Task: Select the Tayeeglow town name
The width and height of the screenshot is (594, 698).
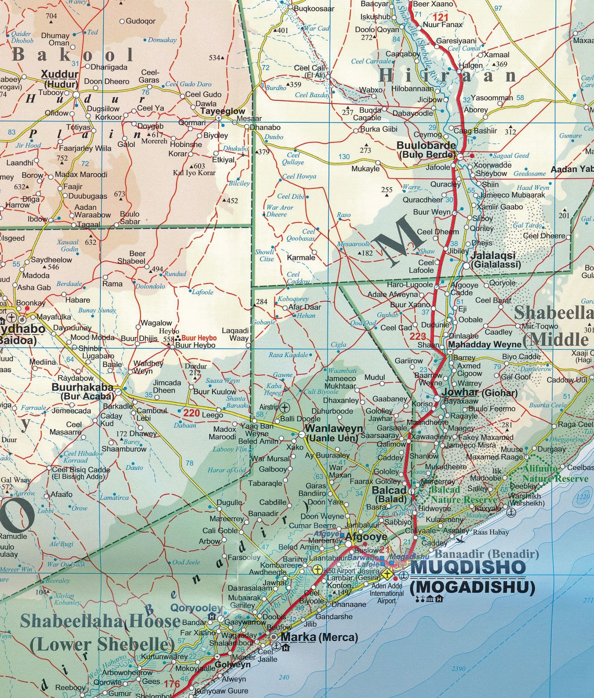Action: tap(223, 111)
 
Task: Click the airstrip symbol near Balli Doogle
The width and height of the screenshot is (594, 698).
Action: tap(285, 407)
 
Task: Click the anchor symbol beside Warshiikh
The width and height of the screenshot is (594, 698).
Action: tap(511, 512)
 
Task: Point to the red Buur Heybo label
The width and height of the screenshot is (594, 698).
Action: tap(199, 338)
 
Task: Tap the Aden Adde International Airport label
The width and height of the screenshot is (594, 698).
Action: tap(387, 593)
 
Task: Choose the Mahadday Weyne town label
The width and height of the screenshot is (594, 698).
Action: tap(485, 344)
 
